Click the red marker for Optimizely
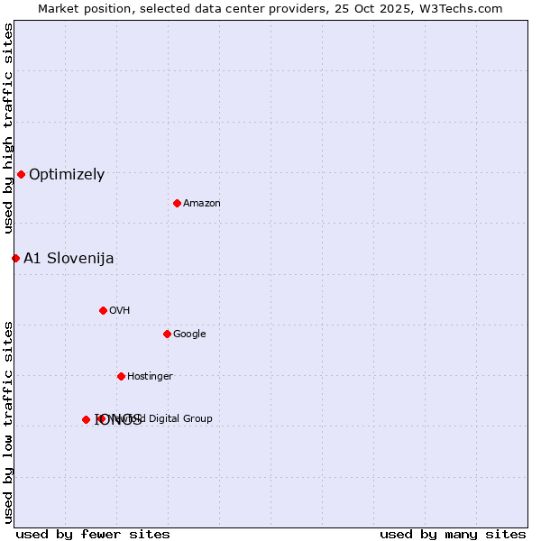[21, 174]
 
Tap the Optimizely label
[67, 175]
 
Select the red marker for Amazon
[177, 203]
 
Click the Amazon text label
[202, 204]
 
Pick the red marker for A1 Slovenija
[15, 258]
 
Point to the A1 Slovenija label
[69, 259]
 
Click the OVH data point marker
[103, 310]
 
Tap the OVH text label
[120, 311]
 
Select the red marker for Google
[167, 334]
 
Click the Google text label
[189, 335]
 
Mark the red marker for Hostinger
[121, 376]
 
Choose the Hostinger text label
[150, 377]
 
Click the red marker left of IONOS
[86, 419]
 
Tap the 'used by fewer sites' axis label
[93, 535]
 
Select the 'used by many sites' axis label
[453, 535]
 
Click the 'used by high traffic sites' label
[8, 129]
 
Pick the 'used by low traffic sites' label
[8, 421]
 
